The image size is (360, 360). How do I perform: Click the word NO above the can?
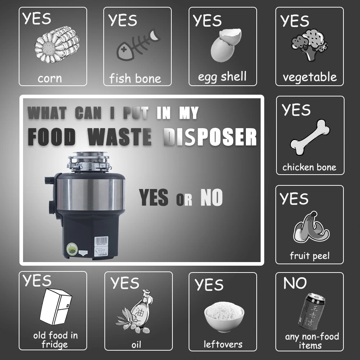[295, 284]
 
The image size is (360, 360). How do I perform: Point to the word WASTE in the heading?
[120, 137]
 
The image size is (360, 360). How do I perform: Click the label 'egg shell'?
[222, 77]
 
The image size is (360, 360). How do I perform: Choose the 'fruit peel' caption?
[310, 256]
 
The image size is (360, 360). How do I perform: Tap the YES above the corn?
[37, 18]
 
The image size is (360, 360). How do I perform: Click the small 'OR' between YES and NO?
[184, 200]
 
